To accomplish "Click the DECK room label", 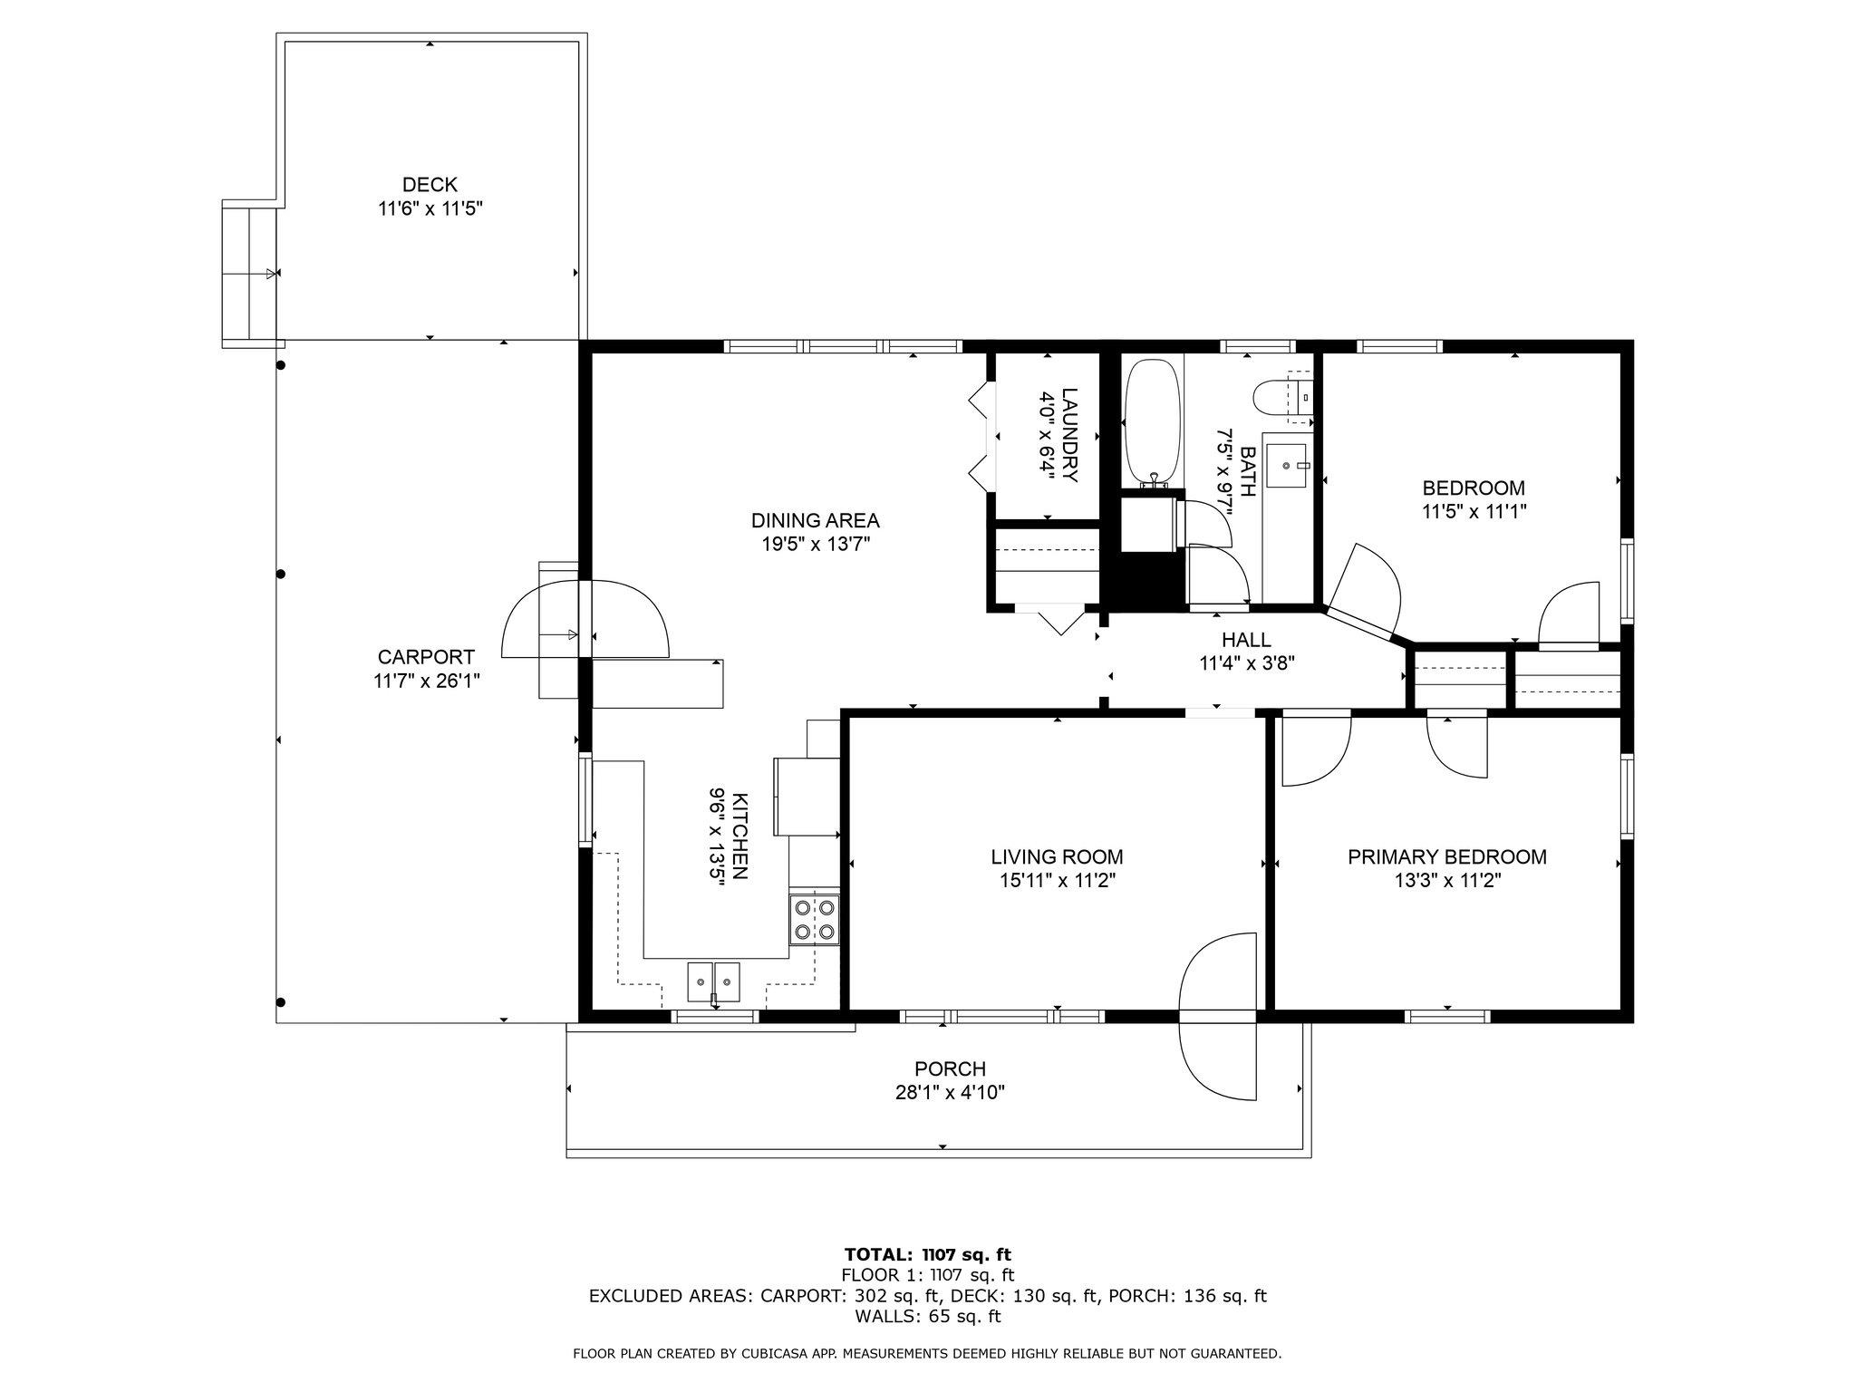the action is pyautogui.click(x=430, y=185).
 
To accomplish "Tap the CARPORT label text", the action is pyautogui.click(x=426, y=657).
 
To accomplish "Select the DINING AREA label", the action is pyautogui.click(x=815, y=521).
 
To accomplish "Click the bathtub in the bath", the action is pyautogui.click(x=1153, y=425).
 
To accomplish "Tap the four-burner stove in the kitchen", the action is pyautogui.click(x=814, y=919).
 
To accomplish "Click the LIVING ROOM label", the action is pyautogui.click(x=1057, y=857).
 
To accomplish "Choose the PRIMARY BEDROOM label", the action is pyautogui.click(x=1447, y=857).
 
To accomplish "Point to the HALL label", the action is pyautogui.click(x=1246, y=641).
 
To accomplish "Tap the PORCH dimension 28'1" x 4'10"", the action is pyautogui.click(x=950, y=1093).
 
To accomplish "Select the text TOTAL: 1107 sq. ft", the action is pyautogui.click(x=927, y=1255).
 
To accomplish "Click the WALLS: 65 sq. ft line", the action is pyautogui.click(x=927, y=1317).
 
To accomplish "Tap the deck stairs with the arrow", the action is pyautogui.click(x=250, y=273).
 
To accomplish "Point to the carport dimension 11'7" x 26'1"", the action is pyautogui.click(x=426, y=681).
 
